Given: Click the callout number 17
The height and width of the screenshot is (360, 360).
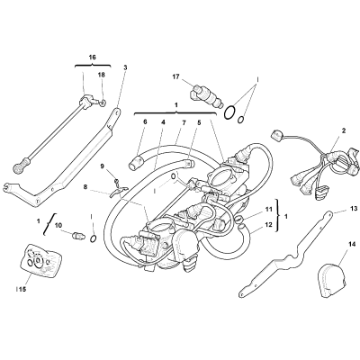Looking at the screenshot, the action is tap(175, 76).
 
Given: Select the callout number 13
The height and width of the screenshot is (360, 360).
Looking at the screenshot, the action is tap(355, 208).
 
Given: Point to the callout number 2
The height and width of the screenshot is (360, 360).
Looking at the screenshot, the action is tap(344, 130).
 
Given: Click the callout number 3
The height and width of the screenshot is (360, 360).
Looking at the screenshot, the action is tap(125, 67).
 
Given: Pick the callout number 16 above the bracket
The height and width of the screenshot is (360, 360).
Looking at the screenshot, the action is tap(93, 57).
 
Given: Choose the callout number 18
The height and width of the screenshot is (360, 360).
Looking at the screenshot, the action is tap(102, 75).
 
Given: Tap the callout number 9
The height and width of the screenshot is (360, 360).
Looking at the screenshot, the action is tap(102, 166).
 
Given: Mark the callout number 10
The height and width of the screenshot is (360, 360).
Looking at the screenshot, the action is tap(58, 224).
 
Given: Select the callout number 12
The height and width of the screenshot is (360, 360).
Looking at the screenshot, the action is tap(268, 224).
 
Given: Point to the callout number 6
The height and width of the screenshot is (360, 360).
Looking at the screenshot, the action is tap(146, 121).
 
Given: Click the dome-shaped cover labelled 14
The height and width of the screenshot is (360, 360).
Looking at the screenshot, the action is tap(331, 281).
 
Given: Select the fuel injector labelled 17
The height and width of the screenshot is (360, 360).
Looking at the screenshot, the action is tap(206, 95).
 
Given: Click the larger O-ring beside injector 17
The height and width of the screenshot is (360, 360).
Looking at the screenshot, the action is tap(229, 112).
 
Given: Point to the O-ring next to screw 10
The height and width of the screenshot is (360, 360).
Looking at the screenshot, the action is tap(94, 238).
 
